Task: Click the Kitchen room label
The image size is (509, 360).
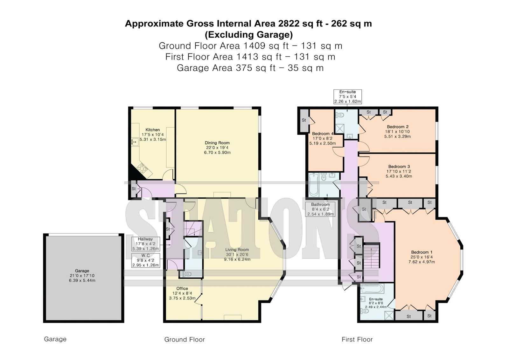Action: pyautogui.click(x=152, y=130)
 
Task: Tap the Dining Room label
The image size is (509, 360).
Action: pyautogui.click(x=217, y=143)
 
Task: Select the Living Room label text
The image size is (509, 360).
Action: pyautogui.click(x=237, y=250)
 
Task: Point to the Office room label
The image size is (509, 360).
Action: pyautogui.click(x=182, y=288)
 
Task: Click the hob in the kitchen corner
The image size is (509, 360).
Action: pyautogui.click(x=143, y=168)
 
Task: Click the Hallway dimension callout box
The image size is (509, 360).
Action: pyautogui.click(x=146, y=244)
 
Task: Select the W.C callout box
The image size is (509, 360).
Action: pyautogui.click(x=146, y=260)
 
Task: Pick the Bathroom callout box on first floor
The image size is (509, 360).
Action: pyautogui.click(x=320, y=209)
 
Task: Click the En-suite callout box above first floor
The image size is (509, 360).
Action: pyautogui.click(x=347, y=97)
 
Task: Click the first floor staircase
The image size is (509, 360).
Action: pyautogui.click(x=372, y=256)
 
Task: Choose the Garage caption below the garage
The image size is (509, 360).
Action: pyautogui.click(x=55, y=339)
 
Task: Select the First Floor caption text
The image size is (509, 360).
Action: pyautogui.click(x=357, y=339)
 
